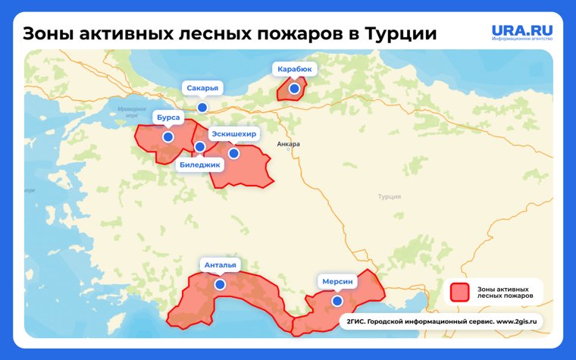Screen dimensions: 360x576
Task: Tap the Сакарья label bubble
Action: (202, 88)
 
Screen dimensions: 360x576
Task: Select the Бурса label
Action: (167, 118)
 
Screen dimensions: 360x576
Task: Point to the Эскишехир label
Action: (233, 134)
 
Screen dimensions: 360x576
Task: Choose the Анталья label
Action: (220, 265)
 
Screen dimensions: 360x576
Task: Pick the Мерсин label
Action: (337, 281)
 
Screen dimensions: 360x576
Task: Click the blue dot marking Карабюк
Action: (294, 89)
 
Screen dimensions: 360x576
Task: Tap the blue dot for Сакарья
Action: (202, 108)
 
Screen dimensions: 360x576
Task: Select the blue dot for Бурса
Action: (167, 137)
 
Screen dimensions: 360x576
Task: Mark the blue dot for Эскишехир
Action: (233, 153)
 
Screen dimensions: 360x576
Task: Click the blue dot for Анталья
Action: (220, 284)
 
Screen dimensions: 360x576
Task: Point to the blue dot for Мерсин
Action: (337, 301)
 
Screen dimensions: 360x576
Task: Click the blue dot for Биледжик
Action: (199, 146)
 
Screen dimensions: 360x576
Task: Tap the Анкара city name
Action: (289, 144)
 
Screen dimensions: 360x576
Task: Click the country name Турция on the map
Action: (390, 196)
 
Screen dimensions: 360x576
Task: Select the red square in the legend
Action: (459, 293)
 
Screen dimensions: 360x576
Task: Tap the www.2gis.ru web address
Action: (519, 321)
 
